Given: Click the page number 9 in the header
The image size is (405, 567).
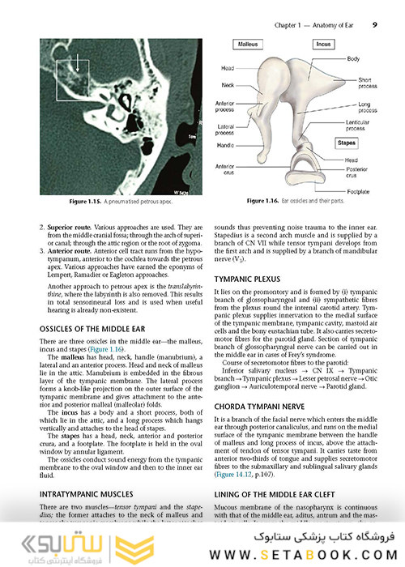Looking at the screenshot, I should click(374, 25).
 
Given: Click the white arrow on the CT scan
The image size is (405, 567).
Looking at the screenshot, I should click(78, 65).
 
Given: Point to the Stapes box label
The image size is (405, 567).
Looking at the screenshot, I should click(324, 143).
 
